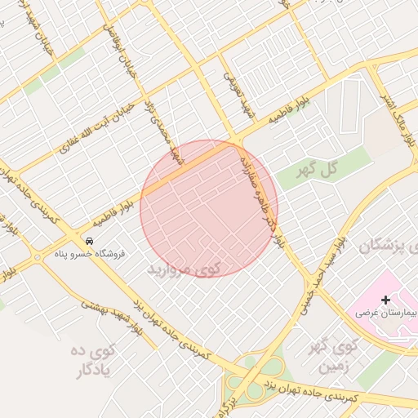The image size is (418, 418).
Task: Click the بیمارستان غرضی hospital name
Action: point(386,313)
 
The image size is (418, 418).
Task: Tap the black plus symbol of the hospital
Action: point(386,300)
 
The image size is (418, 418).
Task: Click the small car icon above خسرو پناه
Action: point(89,241)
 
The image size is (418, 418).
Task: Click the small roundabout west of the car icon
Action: point(37,258)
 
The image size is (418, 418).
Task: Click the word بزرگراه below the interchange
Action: point(230,405)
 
